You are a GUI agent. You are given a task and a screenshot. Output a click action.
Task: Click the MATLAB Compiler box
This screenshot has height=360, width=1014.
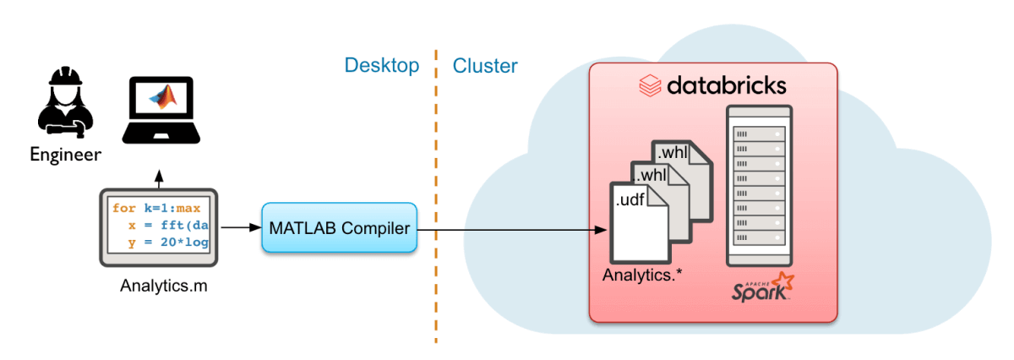pos(340,227)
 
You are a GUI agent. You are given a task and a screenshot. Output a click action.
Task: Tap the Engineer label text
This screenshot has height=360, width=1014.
pos(65,155)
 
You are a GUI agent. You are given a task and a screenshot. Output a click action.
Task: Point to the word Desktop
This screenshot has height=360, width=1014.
pos(381,66)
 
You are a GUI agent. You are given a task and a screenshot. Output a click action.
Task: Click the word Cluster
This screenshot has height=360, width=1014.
pos(485,66)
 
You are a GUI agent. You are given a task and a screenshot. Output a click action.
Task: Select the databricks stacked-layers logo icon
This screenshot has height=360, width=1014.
pos(649,86)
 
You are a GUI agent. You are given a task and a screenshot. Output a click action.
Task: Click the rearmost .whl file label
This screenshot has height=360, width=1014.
pos(674,152)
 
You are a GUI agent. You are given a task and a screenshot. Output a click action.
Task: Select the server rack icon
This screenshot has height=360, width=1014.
pos(759,184)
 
